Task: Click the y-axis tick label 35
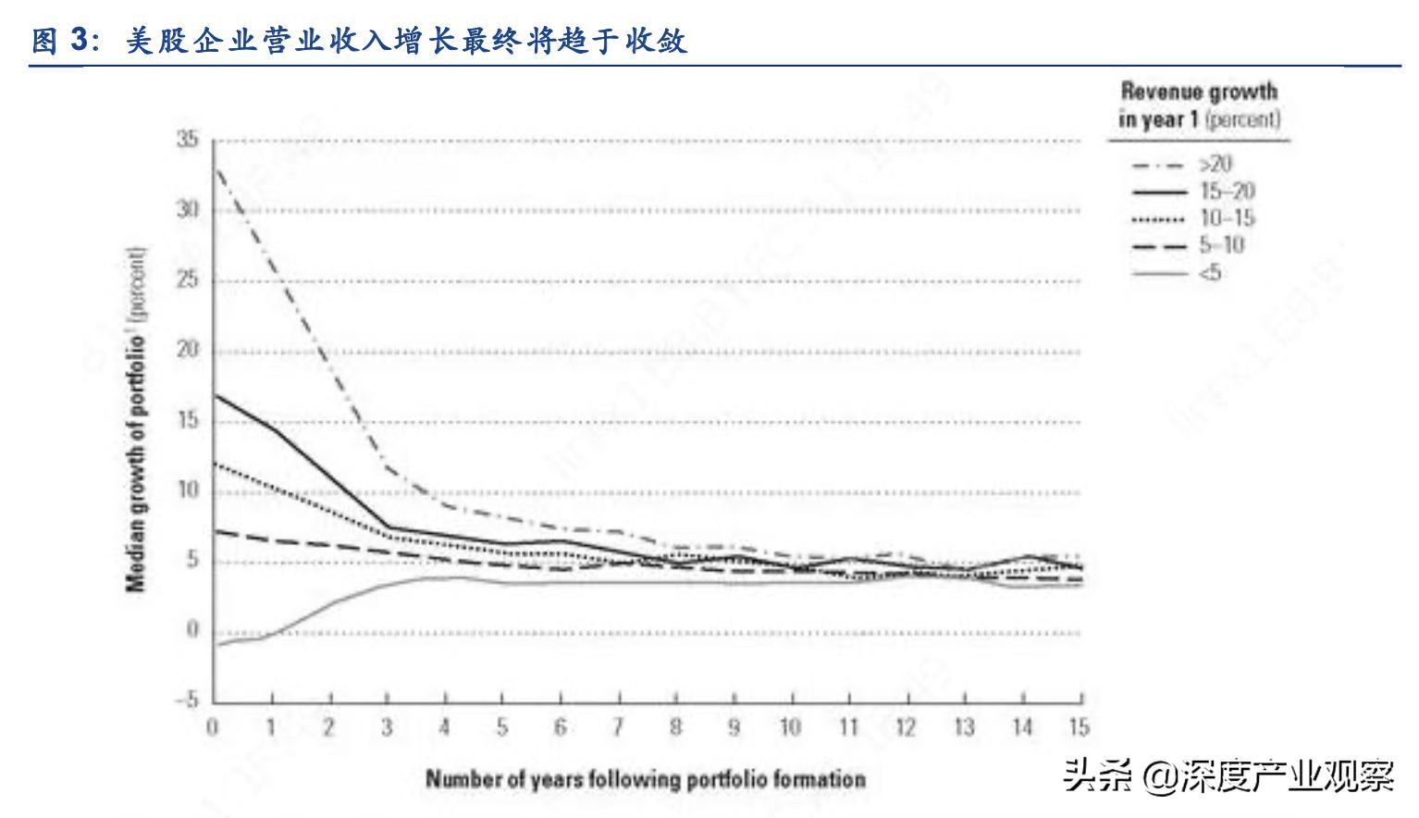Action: click(x=188, y=140)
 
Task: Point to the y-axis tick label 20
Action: click(x=188, y=350)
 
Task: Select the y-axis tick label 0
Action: click(x=192, y=630)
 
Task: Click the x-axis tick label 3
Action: click(x=387, y=727)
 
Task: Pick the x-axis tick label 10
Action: click(x=790, y=727)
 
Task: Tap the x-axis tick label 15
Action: click(x=1079, y=727)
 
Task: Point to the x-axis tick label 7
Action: click(x=618, y=727)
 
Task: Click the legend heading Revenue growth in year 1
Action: click(x=1199, y=105)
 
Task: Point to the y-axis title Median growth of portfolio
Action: click(x=136, y=419)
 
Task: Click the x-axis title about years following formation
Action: click(x=646, y=779)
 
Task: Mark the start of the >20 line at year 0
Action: click(x=215, y=169)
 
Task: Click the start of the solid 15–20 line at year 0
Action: click(x=215, y=395)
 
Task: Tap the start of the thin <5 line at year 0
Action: click(x=215, y=644)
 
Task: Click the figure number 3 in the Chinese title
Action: click(x=79, y=42)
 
